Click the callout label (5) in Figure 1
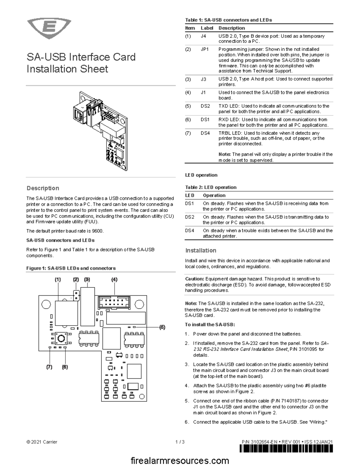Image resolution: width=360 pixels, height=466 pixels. pyautogui.click(x=162, y=327)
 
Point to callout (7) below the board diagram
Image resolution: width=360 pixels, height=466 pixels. pyautogui.click(x=49, y=367)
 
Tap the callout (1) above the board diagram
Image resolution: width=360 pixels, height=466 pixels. pyautogui.click(x=58, y=279)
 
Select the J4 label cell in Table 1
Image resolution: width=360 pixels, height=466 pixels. pyautogui.click(x=203, y=36)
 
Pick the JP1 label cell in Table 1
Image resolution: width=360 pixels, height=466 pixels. pyautogui.click(x=205, y=49)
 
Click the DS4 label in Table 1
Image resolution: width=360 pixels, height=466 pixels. pyautogui.click(x=205, y=133)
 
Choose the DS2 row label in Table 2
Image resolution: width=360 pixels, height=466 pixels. pyautogui.click(x=190, y=217)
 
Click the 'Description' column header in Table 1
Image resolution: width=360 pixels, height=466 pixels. pyautogui.click(x=232, y=28)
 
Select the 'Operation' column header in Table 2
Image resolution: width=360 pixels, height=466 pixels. pyautogui.click(x=214, y=195)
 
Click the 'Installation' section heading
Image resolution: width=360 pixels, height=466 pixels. pyautogui.click(x=201, y=251)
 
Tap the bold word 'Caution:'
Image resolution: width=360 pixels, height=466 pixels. pyautogui.click(x=194, y=279)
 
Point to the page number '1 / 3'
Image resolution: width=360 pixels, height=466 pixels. pyautogui.click(x=180, y=442)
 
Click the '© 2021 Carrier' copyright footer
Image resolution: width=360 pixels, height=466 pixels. pyautogui.click(x=42, y=442)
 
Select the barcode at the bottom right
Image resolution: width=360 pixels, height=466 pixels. pyautogui.click(x=286, y=449)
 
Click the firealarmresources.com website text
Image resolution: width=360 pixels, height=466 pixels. pyautogui.click(x=180, y=460)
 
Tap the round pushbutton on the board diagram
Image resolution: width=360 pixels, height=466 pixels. pyautogui.click(x=61, y=339)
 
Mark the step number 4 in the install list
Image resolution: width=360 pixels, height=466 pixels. pyautogui.click(x=187, y=386)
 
